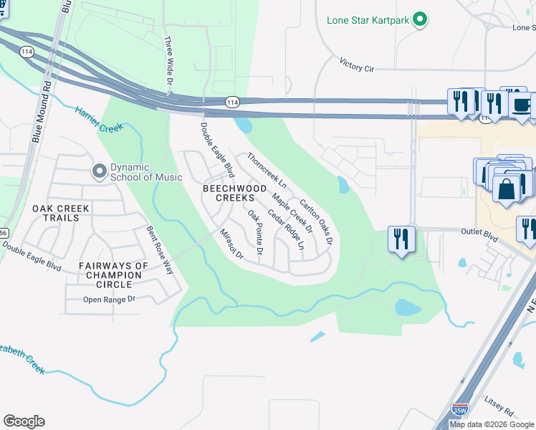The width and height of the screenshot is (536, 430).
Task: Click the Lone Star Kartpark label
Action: tap(368, 19)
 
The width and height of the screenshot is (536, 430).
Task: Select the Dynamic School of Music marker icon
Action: tap(99, 171)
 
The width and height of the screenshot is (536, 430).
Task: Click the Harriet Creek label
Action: tap(99, 118)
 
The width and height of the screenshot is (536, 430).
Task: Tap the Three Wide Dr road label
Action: tap(170, 61)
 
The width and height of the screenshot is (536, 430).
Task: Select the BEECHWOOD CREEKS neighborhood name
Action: tap(229, 192)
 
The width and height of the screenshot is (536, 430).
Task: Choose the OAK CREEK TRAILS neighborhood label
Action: tap(61, 214)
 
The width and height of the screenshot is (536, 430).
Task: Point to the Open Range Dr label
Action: tap(109, 300)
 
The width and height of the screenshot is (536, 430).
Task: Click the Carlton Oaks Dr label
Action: tap(317, 222)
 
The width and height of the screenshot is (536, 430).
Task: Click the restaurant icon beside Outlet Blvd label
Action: tap(401, 238)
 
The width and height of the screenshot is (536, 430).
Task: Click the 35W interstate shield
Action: tap(459, 410)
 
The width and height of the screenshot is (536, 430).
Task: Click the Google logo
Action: tap(24, 421)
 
